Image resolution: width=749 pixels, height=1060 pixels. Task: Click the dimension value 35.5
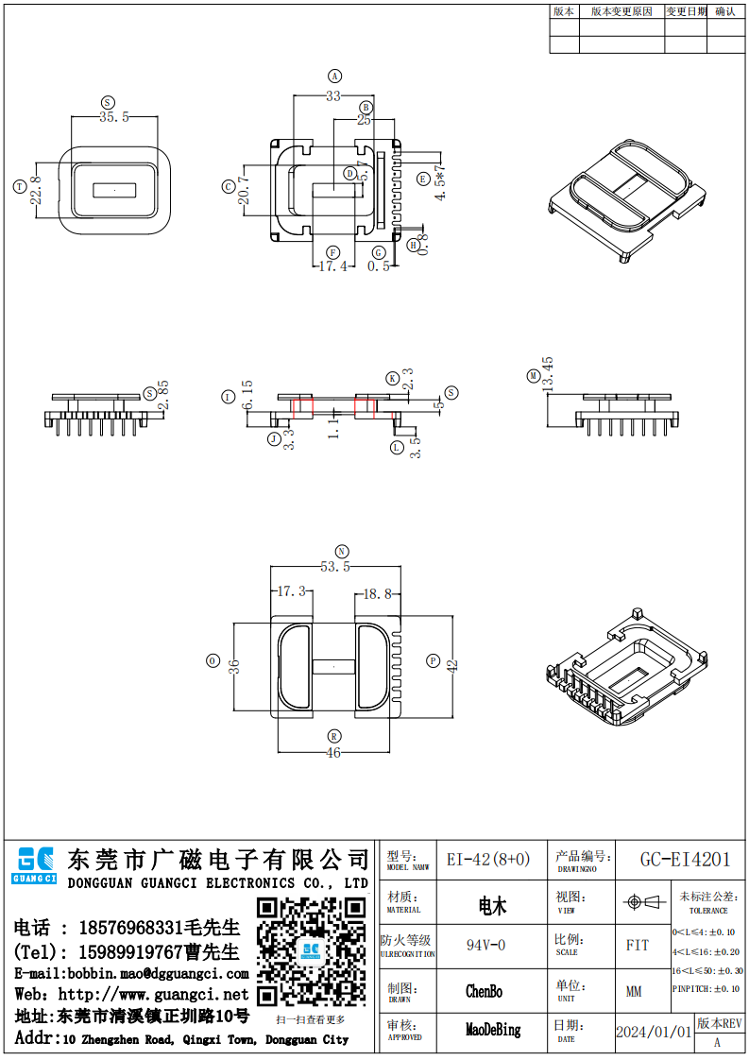pos(113,116)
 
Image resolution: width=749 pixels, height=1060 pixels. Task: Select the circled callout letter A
pos(333,76)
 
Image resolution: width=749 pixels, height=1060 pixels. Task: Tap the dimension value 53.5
pos(335,567)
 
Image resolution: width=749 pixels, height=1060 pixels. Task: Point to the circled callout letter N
pos(341,551)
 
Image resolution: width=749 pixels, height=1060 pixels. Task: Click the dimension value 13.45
pos(547,377)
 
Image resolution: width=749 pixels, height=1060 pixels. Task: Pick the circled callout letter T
pos(20,187)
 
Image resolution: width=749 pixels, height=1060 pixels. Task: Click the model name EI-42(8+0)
pos(488,860)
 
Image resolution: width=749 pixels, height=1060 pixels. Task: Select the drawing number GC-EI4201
pos(685,860)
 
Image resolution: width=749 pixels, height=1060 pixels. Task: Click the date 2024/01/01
pos(654,1032)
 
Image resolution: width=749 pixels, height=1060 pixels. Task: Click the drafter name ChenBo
pos(484,991)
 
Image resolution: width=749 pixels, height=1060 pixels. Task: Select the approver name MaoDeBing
pos(493,1030)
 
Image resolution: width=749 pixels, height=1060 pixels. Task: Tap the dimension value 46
pos(333,753)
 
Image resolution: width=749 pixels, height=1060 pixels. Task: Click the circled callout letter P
pos(434,661)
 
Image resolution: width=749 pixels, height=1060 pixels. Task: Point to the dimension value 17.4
pos(332,266)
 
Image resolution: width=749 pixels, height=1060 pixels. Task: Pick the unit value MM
pos(634,991)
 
